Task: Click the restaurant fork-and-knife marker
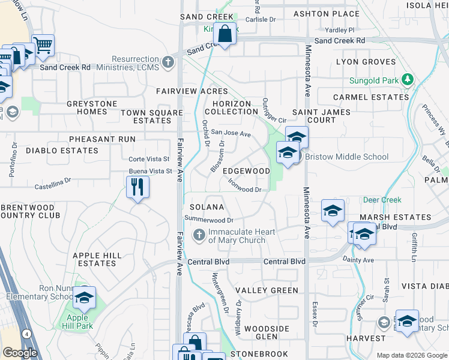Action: point(137,187)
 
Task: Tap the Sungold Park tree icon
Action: point(407,79)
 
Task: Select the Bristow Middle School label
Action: point(346,157)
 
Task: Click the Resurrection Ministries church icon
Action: point(167,61)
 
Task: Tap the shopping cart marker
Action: point(43,44)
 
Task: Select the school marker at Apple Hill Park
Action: point(84,297)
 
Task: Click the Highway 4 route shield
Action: point(26,334)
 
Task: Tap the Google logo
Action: point(19,353)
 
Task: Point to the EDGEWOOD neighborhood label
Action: point(246,171)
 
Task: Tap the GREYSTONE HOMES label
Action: point(92,108)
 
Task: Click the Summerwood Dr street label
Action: point(208,220)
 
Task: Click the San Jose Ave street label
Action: point(230,134)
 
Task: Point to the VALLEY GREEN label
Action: point(267,290)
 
